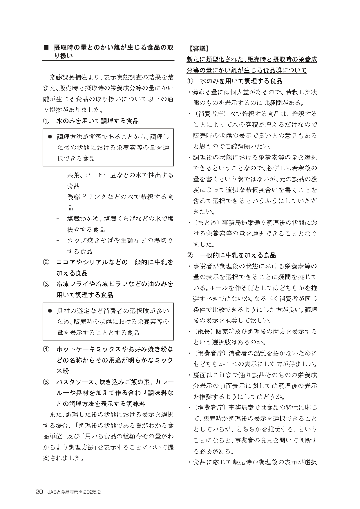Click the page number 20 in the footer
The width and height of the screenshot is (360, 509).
(x=39, y=492)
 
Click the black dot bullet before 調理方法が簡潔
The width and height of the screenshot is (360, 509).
(x=50, y=136)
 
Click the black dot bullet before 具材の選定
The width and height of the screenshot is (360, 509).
(x=50, y=311)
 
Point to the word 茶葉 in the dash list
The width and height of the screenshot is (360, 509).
(x=72, y=175)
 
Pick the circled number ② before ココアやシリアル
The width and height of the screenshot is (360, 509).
(x=46, y=262)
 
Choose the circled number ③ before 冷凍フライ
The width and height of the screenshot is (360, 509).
(x=46, y=284)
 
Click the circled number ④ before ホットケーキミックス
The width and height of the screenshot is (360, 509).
(x=46, y=349)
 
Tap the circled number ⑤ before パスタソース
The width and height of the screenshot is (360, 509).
(x=46, y=382)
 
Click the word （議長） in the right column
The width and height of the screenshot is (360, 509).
(x=204, y=331)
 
